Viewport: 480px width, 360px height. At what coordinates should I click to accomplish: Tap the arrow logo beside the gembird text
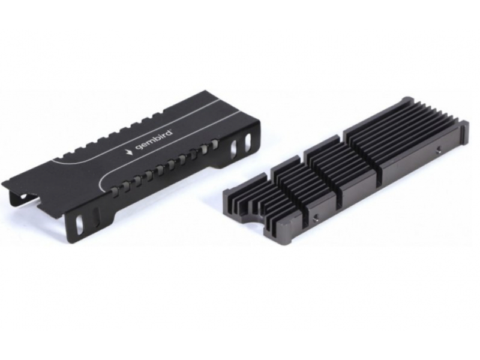click(x=130, y=152)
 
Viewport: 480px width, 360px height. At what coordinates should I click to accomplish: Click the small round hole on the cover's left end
click(x=23, y=196)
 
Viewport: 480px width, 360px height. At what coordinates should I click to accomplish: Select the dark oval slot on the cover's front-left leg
click(x=95, y=217)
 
